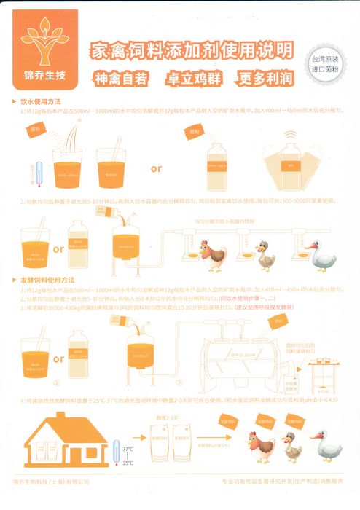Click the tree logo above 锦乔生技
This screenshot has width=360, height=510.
(44, 42)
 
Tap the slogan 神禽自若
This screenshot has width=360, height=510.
(121, 78)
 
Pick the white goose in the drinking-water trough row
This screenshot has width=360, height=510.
(324, 254)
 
